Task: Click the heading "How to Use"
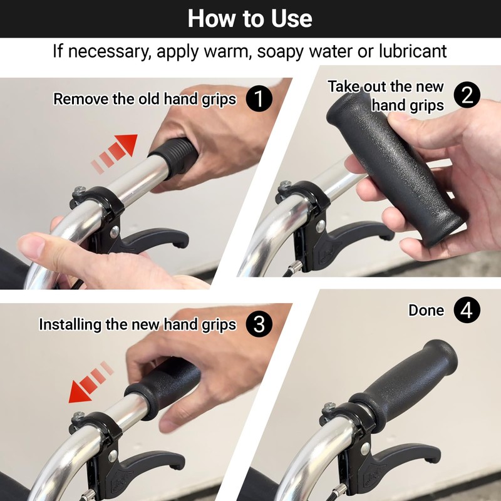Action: click(x=250, y=18)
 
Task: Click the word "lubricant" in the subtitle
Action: click(x=407, y=51)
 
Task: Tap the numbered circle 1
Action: click(x=259, y=99)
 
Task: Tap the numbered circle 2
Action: click(x=467, y=95)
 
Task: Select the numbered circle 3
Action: click(x=259, y=324)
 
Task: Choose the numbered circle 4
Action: click(x=467, y=310)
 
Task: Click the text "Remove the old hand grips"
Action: click(x=145, y=99)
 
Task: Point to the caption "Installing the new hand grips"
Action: click(x=137, y=324)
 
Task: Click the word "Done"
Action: click(x=426, y=310)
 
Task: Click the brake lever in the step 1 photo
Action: click(x=157, y=241)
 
